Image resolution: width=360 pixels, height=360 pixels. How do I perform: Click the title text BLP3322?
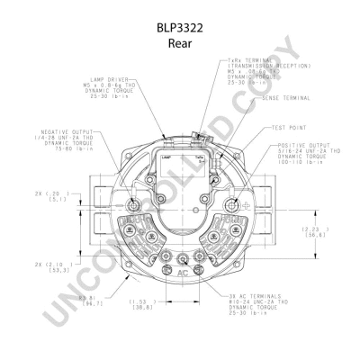[180, 28]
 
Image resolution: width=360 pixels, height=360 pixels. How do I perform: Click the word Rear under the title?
[180, 42]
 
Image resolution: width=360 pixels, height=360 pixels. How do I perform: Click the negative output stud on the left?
[132, 206]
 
